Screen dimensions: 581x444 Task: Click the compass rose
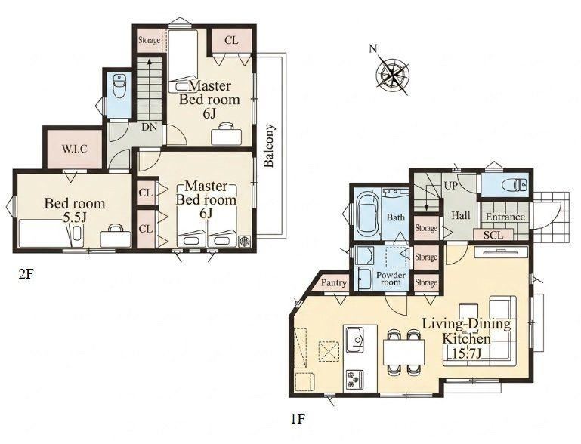click(x=392, y=75)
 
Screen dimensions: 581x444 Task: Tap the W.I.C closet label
click(x=75, y=149)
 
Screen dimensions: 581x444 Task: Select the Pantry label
click(x=334, y=283)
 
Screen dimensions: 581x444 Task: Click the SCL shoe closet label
click(x=493, y=235)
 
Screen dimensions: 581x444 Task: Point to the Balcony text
click(x=270, y=145)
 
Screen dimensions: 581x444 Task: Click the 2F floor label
click(x=26, y=274)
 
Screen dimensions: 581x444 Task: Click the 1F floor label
click(x=298, y=419)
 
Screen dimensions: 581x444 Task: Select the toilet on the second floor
click(x=119, y=87)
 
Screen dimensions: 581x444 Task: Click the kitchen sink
click(x=355, y=340)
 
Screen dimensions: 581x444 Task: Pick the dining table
click(x=404, y=352)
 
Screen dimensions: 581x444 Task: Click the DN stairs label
click(x=150, y=127)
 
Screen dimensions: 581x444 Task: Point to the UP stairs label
click(x=451, y=186)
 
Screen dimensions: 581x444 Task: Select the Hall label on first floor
click(x=461, y=215)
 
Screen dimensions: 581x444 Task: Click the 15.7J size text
click(x=467, y=353)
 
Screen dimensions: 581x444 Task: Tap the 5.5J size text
click(x=75, y=217)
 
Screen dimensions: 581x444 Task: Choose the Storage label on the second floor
click(x=149, y=40)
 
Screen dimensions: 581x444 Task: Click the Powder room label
click(x=391, y=279)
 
